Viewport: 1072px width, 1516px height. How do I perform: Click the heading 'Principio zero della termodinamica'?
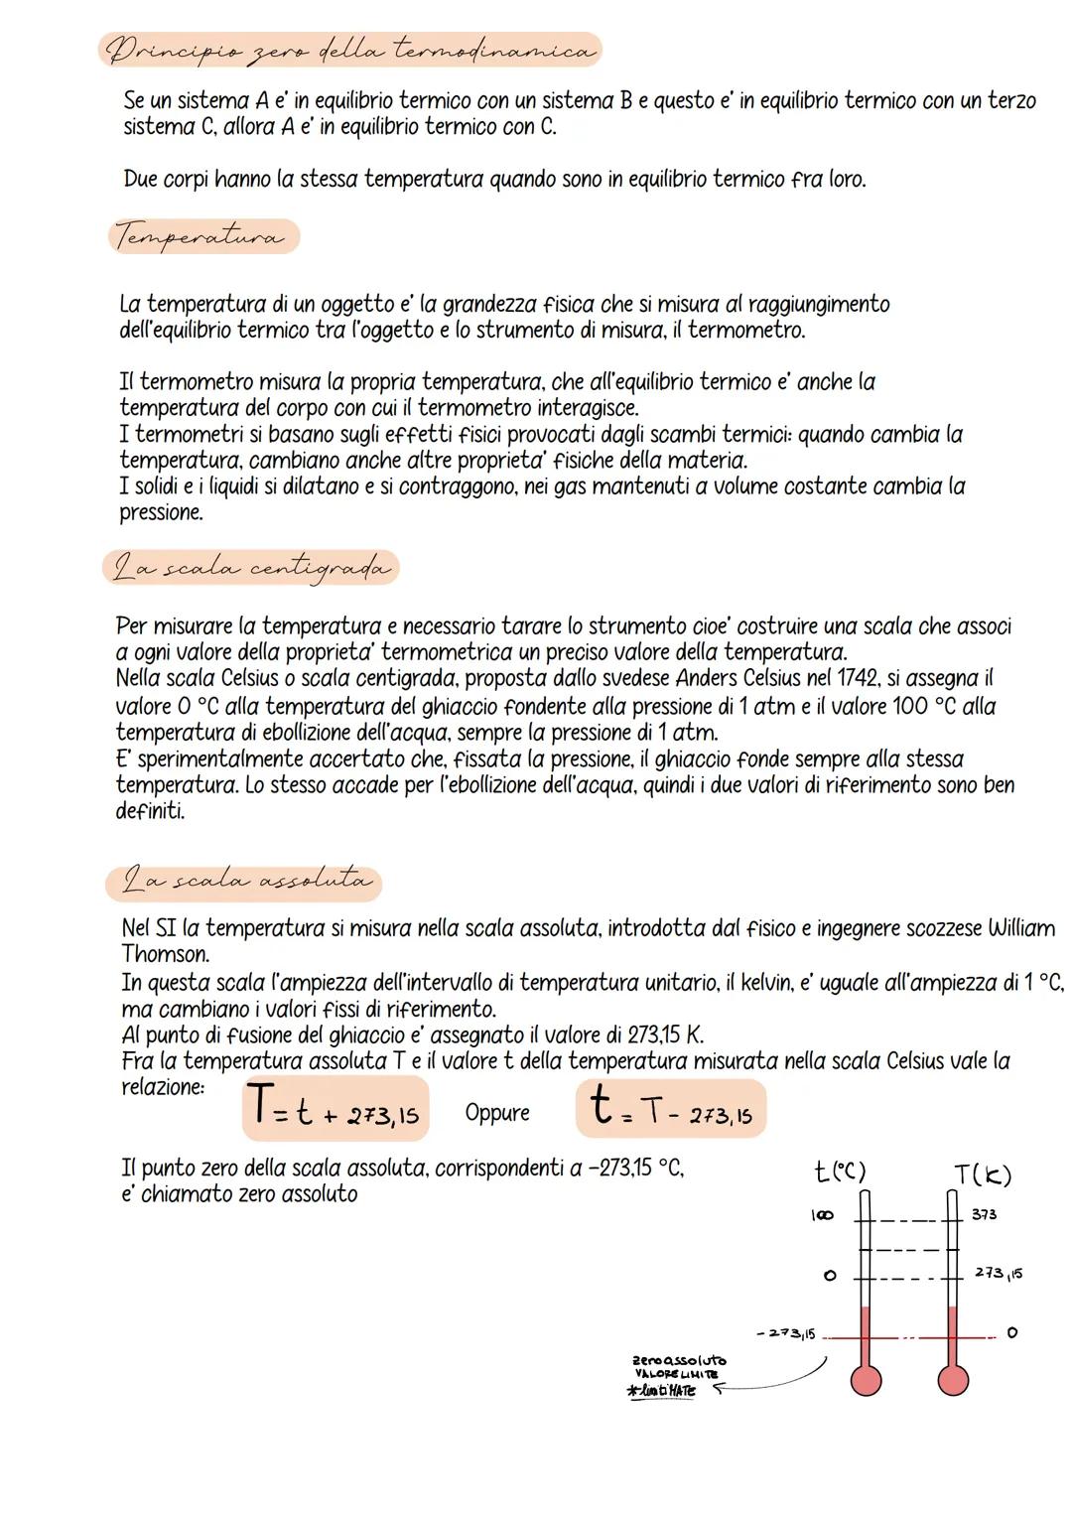pyautogui.click(x=349, y=49)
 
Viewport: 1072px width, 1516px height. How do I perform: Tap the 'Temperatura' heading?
pyautogui.click(x=201, y=237)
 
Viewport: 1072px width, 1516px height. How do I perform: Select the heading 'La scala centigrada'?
pyautogui.click(x=250, y=569)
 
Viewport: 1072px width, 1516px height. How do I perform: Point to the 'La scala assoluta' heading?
pyautogui.click(x=244, y=881)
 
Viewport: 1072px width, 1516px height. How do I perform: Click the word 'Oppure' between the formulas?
pyautogui.click(x=497, y=1113)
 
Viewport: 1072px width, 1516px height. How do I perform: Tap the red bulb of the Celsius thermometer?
pyautogui.click(x=867, y=1379)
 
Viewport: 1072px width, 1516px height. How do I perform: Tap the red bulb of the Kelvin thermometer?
pyautogui.click(x=953, y=1379)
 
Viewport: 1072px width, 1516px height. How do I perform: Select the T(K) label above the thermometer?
pyautogui.click(x=982, y=1174)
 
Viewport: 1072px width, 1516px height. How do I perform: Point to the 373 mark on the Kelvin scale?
pyautogui.click(x=984, y=1214)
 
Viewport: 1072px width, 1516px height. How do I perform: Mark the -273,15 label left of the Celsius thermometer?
pyautogui.click(x=785, y=1334)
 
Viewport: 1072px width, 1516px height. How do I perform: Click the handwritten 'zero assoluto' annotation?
pyautogui.click(x=679, y=1360)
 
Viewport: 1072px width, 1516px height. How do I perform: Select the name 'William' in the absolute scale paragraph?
pyautogui.click(x=1021, y=928)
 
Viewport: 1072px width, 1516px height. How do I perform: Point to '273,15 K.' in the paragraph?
pyautogui.click(x=665, y=1034)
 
